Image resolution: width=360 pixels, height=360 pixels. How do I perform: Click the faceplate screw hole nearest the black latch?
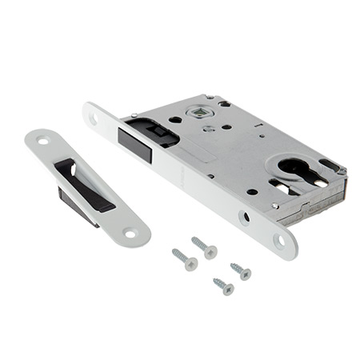click(94, 118)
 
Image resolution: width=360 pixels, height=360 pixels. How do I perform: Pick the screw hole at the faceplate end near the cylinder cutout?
click(279, 239)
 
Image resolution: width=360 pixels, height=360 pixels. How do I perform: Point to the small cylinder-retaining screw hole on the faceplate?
click(244, 216)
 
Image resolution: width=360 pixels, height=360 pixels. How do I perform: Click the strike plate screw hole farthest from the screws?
click(41, 142)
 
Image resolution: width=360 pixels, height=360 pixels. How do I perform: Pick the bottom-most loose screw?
click(223, 286)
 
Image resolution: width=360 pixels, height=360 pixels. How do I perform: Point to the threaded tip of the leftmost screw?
click(175, 254)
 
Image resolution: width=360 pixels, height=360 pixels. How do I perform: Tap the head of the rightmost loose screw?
click(246, 274)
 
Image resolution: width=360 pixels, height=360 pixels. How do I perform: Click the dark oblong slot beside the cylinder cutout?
click(328, 166)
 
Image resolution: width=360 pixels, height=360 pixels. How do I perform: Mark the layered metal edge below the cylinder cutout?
click(312, 207)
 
